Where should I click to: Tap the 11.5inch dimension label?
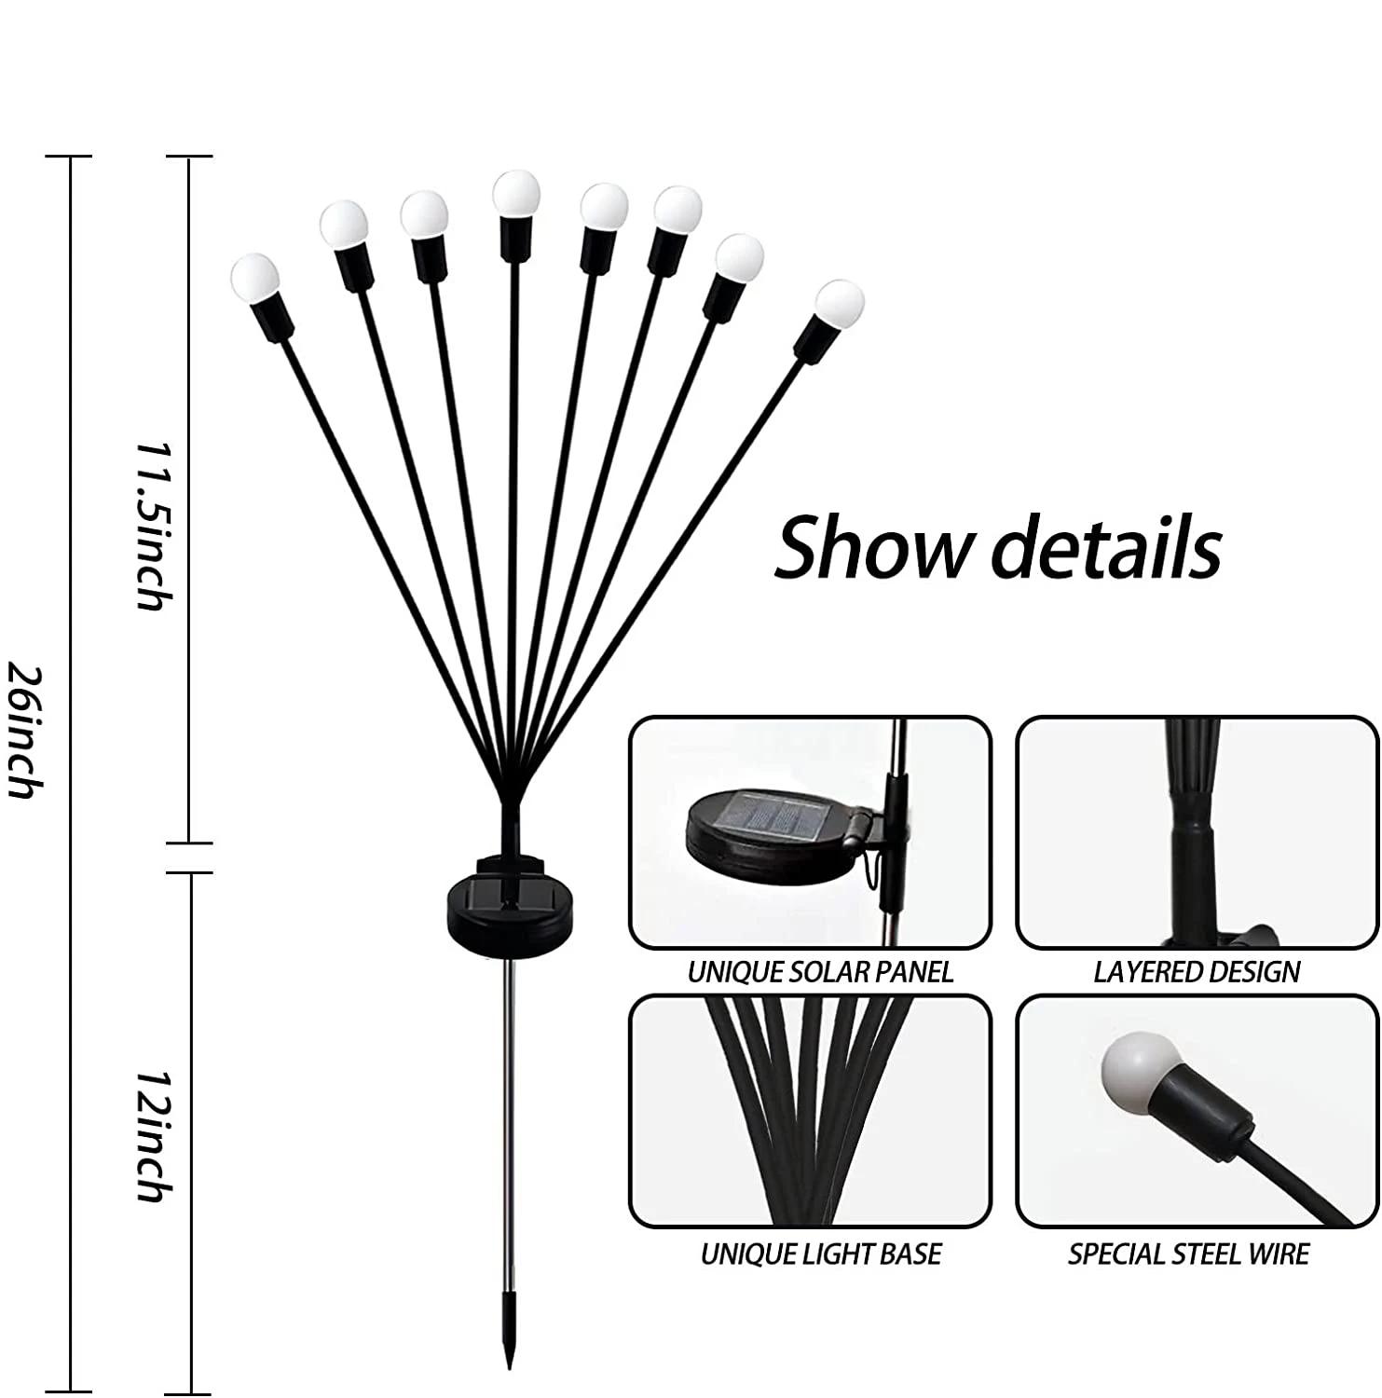click(151, 526)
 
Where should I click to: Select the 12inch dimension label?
click(152, 1135)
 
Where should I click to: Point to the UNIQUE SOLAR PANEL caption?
click(820, 972)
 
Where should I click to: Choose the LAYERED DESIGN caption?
click(1197, 972)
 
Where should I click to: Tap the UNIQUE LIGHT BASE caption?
click(820, 1254)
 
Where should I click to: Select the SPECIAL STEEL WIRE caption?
click(1188, 1254)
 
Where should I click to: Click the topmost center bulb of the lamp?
click(516, 193)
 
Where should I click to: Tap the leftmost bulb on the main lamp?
click(254, 276)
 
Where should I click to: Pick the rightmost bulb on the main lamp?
click(839, 302)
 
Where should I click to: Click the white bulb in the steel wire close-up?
click(1140, 1066)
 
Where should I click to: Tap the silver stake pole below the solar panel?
click(509, 1118)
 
